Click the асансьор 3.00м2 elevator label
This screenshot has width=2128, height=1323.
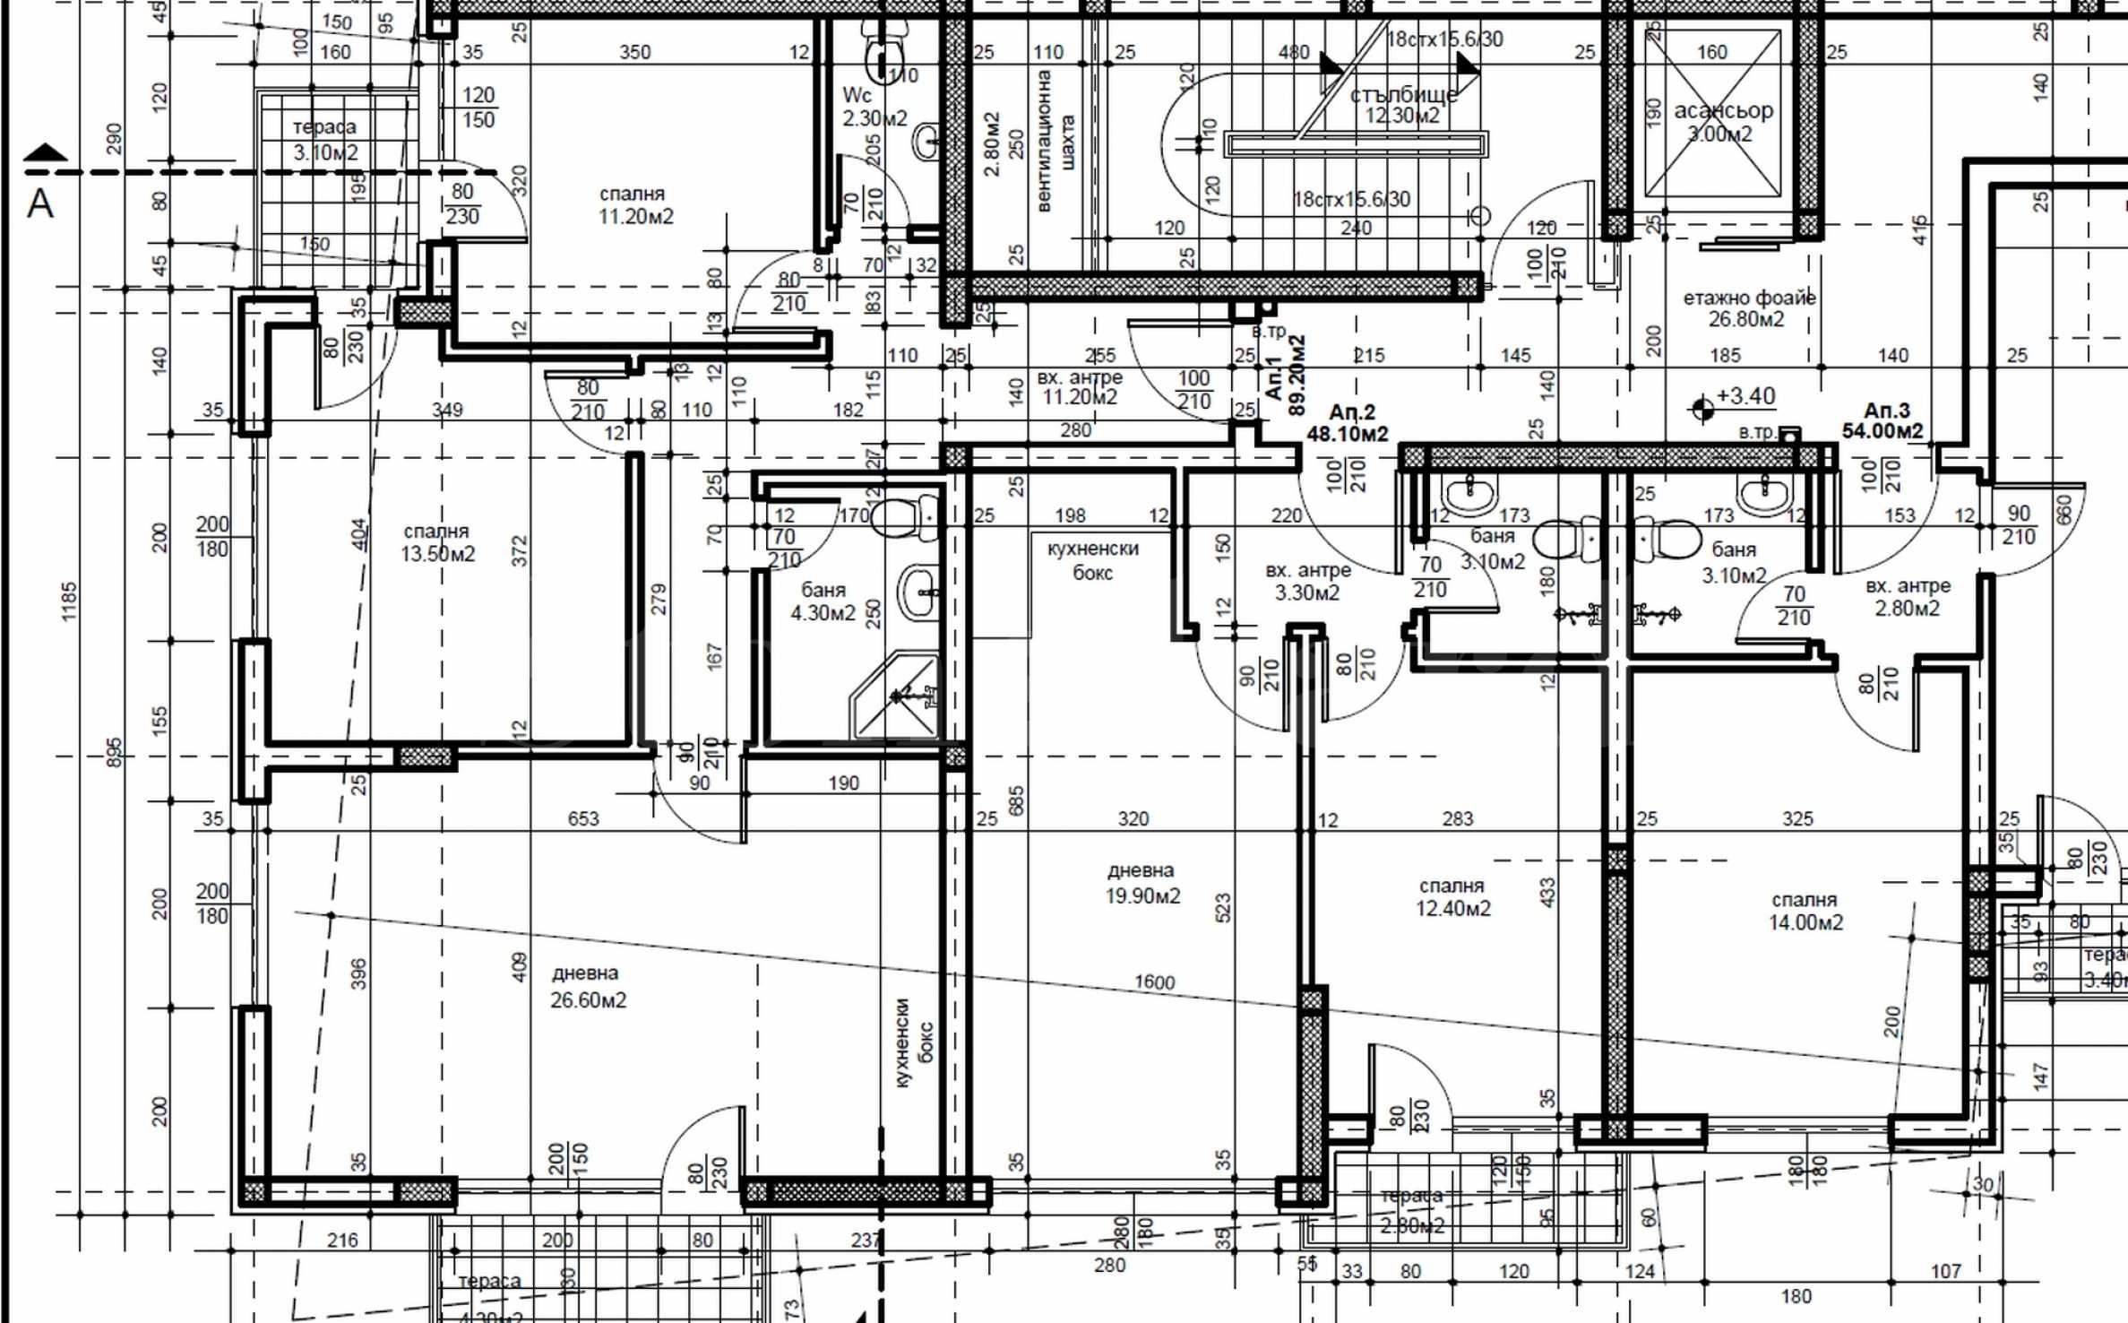click(x=1722, y=122)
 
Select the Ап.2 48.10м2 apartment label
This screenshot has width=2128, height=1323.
click(x=1348, y=423)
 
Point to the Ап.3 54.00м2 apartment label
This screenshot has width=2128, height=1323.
click(x=1882, y=420)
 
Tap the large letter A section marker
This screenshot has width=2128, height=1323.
click(x=40, y=204)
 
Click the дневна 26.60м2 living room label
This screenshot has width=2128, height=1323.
click(x=587, y=986)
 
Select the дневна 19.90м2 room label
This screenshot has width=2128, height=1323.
click(x=1142, y=883)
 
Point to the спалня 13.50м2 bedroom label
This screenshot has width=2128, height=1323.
click(x=437, y=542)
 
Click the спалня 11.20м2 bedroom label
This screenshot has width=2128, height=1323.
click(x=634, y=205)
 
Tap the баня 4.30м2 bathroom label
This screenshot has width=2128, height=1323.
click(x=823, y=601)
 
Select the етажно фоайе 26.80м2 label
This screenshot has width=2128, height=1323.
click(x=1748, y=308)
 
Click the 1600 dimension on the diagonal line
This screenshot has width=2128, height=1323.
click(x=1154, y=982)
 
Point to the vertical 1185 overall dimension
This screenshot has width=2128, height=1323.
click(x=69, y=601)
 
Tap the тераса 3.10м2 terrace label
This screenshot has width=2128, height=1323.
click(x=324, y=140)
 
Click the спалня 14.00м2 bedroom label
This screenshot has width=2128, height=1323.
click(x=1805, y=911)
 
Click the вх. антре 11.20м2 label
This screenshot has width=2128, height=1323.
click(x=1080, y=387)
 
